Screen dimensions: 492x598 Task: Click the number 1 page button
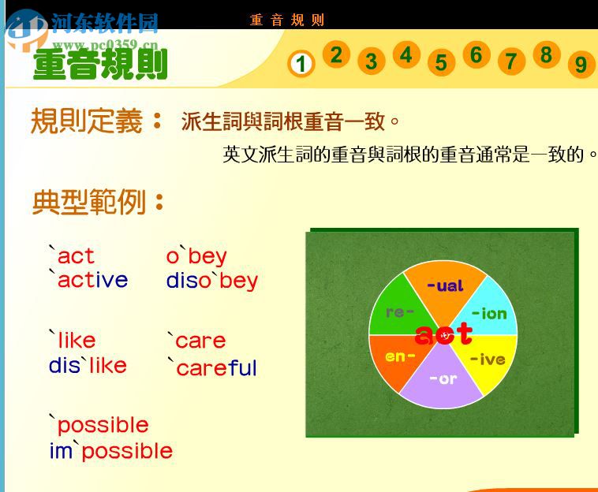point(301,63)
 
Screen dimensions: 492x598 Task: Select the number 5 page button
point(441,62)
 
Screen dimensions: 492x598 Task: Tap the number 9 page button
point(581,64)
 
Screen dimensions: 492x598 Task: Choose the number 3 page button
point(371,61)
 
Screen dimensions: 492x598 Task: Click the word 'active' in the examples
point(88,280)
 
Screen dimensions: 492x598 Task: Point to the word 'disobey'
point(211,281)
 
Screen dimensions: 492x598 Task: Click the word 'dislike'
point(88,365)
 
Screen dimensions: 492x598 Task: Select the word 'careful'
point(211,367)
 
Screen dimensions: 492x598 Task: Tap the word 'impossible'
point(110,451)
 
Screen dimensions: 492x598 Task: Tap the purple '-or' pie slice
point(442,380)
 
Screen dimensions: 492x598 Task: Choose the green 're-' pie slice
point(399,312)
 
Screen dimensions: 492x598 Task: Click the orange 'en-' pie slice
point(399,356)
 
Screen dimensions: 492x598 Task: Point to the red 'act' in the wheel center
point(443,334)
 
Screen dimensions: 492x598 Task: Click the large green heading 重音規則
point(100,64)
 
